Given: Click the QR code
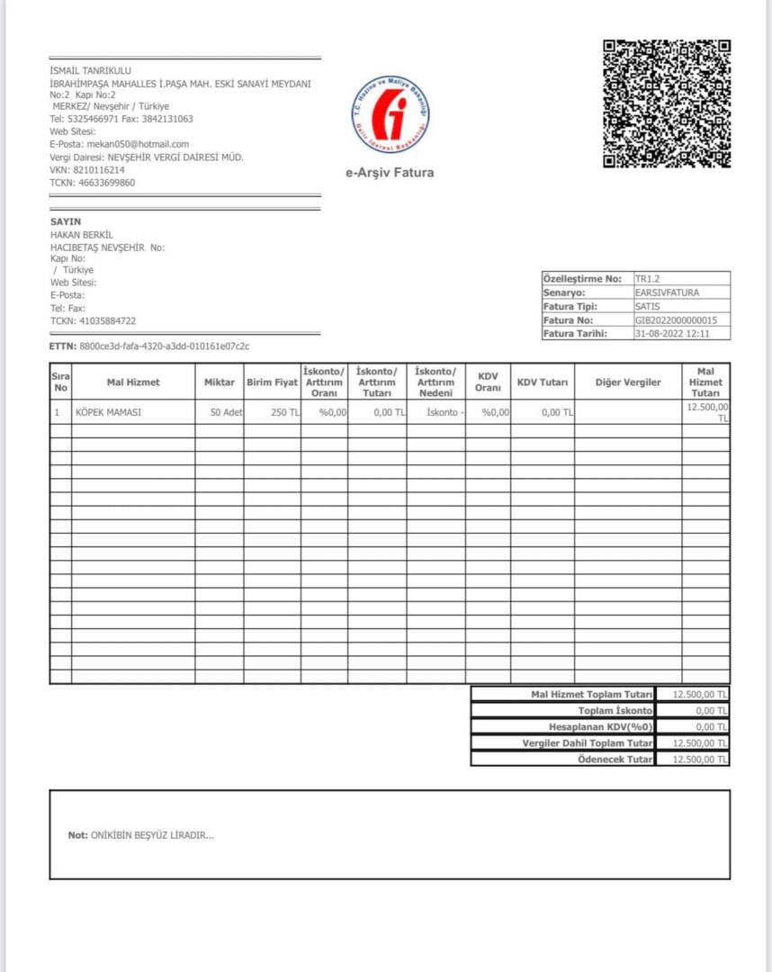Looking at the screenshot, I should coord(666,103).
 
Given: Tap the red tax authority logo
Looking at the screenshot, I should coord(390,115).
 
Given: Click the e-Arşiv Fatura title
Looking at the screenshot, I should coord(390,172).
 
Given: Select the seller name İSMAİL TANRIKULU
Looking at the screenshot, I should coord(91,71).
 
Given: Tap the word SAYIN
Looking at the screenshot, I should coord(66,221).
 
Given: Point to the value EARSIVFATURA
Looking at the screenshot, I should coord(667,292).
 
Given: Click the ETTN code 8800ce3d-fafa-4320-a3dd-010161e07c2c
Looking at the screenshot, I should coord(165,346).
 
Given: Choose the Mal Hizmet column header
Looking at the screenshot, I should coord(133,382).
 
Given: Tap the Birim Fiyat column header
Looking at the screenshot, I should coord(272,382).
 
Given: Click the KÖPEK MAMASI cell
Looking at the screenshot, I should coord(109,412).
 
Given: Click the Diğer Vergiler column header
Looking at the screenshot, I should coord(628,382).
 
